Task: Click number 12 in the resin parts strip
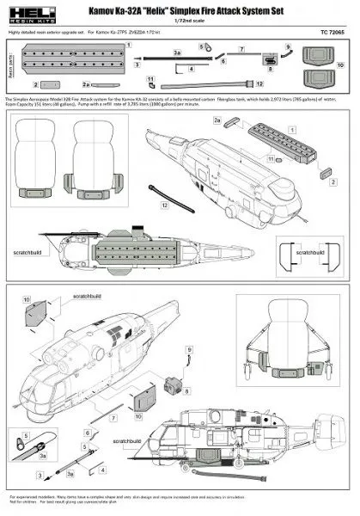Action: (x=259, y=85)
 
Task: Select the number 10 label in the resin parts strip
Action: (x=340, y=64)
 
